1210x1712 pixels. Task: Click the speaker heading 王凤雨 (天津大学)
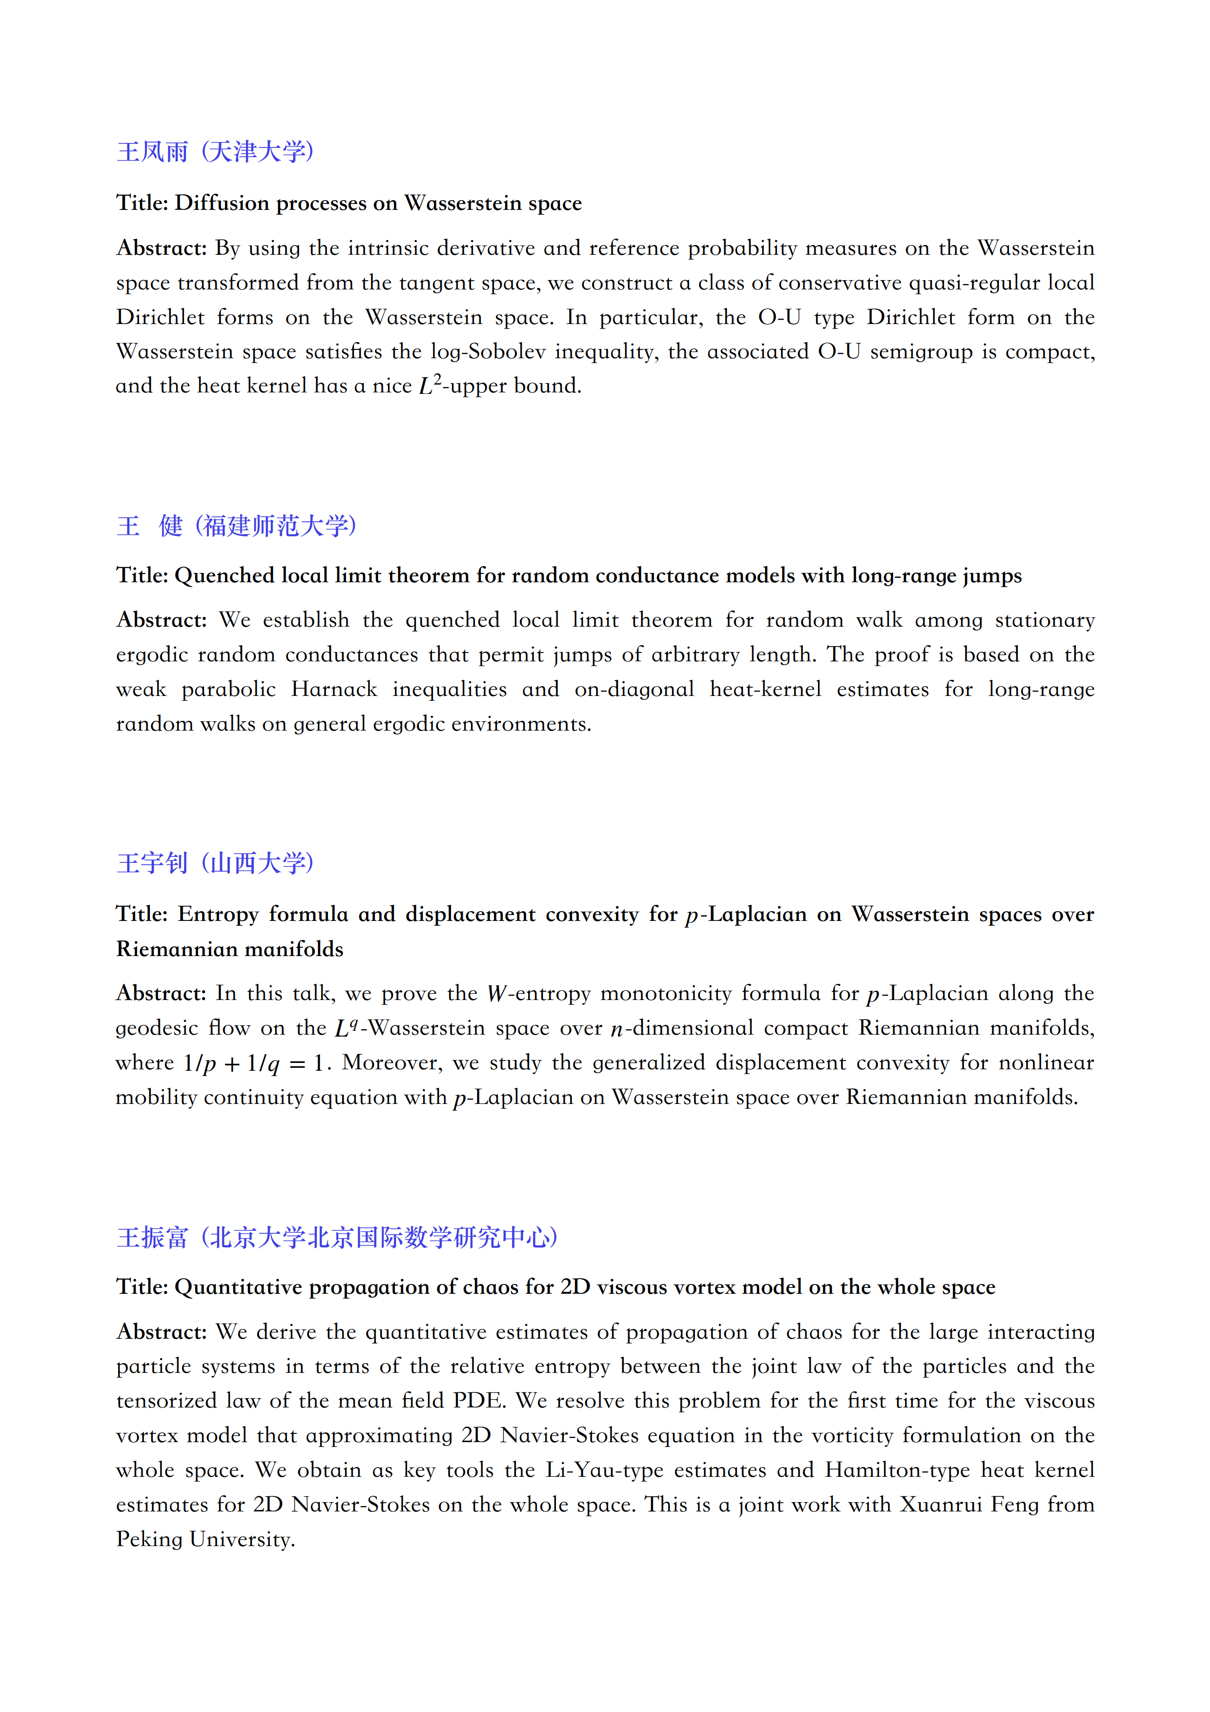click(215, 152)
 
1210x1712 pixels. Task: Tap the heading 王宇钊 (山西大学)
click(215, 863)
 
